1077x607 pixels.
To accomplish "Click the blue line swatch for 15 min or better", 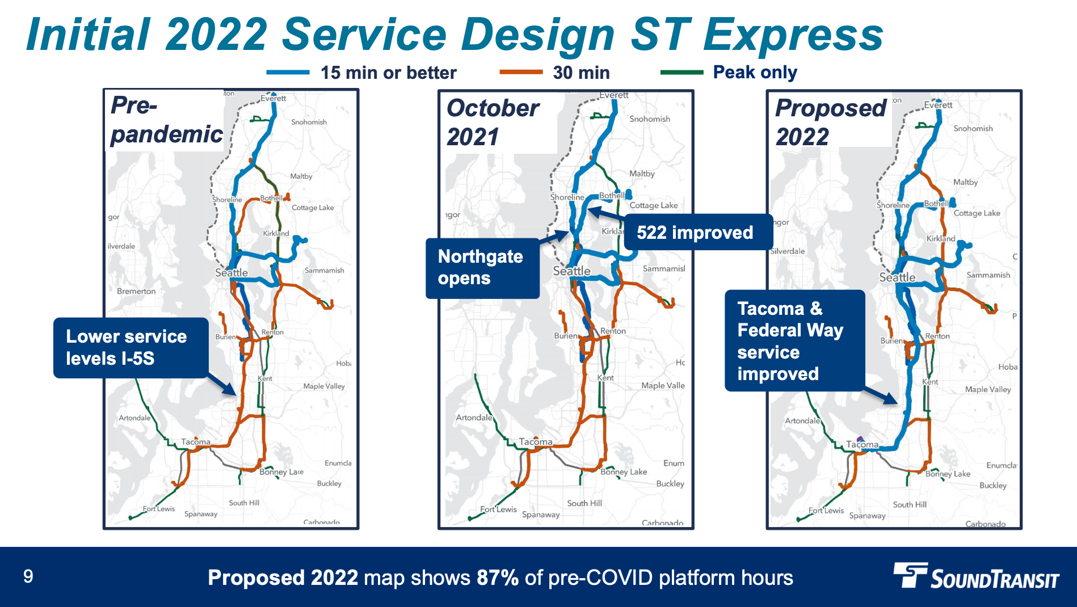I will tap(288, 73).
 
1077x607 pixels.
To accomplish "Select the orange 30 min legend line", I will tap(520, 72).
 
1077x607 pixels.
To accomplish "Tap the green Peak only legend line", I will tap(681, 72).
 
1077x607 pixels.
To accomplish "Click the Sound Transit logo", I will tap(977, 577).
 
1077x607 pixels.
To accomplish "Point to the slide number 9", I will tap(28, 577).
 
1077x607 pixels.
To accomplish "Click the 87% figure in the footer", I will tap(498, 578).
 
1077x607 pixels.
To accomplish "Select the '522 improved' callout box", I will tap(697, 233).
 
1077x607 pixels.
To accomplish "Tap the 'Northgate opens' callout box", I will tap(482, 268).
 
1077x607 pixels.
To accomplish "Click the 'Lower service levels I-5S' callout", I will tap(131, 348).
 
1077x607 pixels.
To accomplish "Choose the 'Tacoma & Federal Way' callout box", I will tap(794, 341).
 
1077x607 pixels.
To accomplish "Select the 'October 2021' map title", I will tap(493, 123).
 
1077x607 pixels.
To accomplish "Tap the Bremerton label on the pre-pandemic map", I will tap(136, 291).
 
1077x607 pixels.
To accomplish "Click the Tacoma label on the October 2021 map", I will tap(535, 442).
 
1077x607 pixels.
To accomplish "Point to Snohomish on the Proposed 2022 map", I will tap(973, 129).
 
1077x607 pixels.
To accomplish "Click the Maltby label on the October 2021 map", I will tap(642, 174).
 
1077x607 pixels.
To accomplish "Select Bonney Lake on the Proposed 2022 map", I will tap(948, 474).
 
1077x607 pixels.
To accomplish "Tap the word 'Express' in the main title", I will tap(793, 35).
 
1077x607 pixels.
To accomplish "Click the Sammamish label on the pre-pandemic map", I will tap(324, 271).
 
